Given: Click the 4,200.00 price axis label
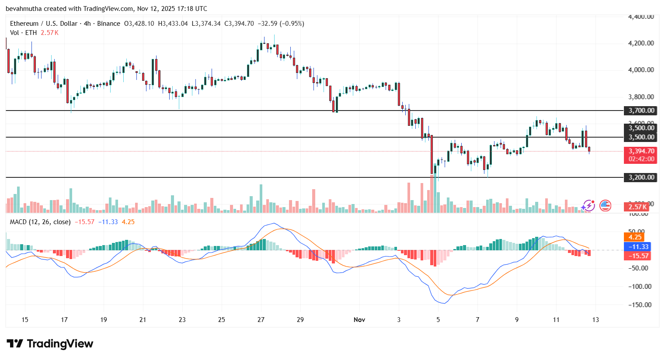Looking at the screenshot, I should tap(641, 43).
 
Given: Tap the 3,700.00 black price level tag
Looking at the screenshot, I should tap(641, 111).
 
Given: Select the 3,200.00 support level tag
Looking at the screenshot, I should tap(641, 177).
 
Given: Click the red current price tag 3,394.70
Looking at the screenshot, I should tap(641, 151).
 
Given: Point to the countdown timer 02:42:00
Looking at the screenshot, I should tap(641, 159).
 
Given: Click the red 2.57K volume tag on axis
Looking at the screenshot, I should tap(637, 207).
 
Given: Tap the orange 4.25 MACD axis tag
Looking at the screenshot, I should tap(635, 237).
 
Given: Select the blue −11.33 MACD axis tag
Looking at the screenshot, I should tap(638, 247).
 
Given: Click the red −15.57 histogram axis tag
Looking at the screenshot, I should tap(638, 256).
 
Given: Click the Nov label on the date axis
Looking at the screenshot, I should tap(359, 320).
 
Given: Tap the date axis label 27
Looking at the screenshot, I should tap(261, 320).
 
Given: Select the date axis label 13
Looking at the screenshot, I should tap(595, 320).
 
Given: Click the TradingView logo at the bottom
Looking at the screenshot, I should tap(50, 344).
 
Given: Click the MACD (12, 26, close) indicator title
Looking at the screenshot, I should tap(40, 222).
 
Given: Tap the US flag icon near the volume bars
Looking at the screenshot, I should tap(605, 205).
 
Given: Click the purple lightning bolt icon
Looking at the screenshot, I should tap(588, 205).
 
